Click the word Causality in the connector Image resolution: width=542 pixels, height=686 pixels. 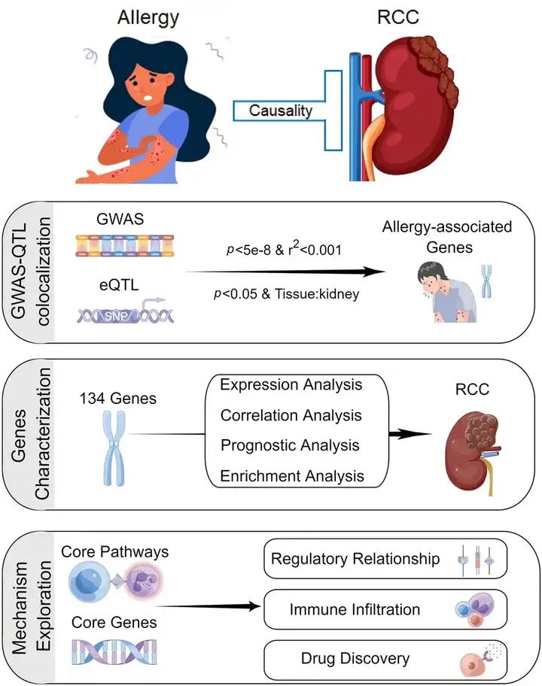click(x=281, y=111)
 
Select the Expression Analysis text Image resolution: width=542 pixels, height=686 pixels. click(x=291, y=384)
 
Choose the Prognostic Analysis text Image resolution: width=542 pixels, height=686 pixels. click(x=290, y=445)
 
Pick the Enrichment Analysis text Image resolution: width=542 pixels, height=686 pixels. click(x=292, y=475)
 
